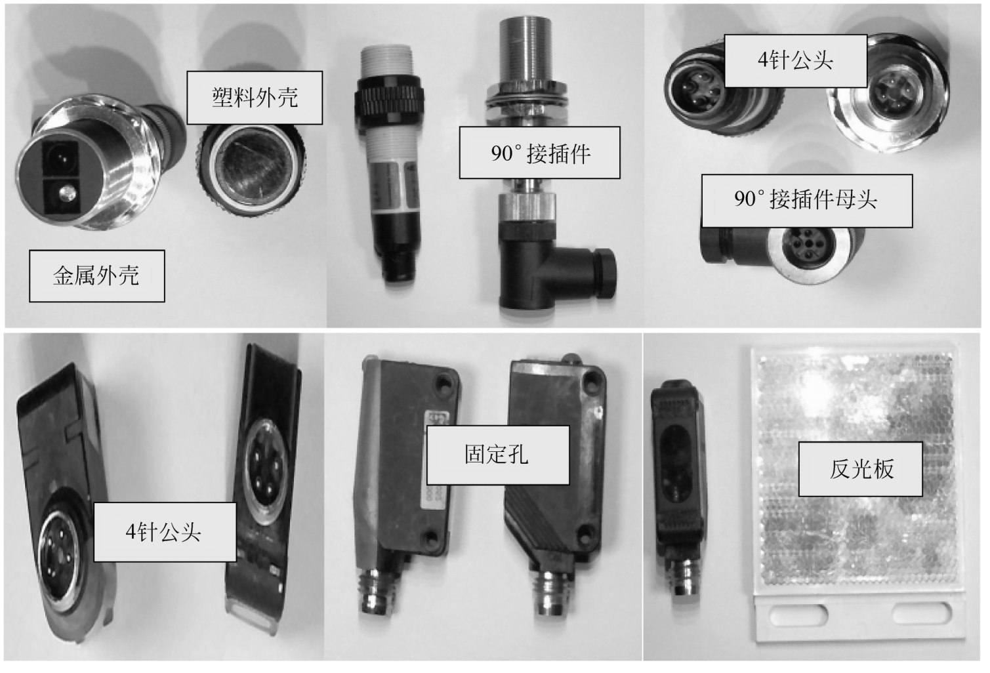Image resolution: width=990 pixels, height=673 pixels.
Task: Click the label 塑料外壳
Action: [255, 98]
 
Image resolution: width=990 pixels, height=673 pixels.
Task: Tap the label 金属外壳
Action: [97, 276]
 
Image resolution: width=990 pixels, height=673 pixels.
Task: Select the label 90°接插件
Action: [540, 153]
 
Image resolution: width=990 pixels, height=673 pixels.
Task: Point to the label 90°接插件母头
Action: [807, 201]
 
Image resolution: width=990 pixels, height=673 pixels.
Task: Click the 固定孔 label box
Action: [498, 455]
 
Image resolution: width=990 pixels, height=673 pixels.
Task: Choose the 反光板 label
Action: [861, 469]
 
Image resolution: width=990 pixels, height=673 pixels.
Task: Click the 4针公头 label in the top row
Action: [796, 61]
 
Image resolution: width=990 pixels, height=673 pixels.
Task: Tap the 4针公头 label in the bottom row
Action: [165, 532]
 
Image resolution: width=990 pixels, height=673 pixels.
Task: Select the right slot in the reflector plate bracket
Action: [920, 613]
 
